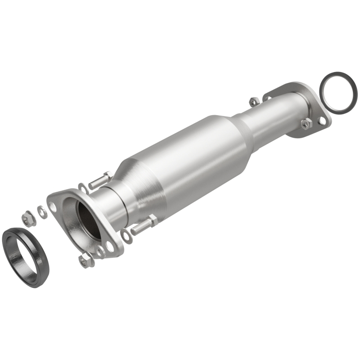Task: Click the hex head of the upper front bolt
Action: pos(108,175)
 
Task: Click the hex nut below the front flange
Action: pos(84,260)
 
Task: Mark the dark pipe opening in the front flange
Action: pos(88,219)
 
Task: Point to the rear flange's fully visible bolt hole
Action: pos(322,121)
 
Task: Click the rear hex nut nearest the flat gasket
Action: pos(306,124)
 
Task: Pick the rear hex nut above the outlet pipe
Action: pos(253,101)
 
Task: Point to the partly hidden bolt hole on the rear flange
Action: pos(269,94)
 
